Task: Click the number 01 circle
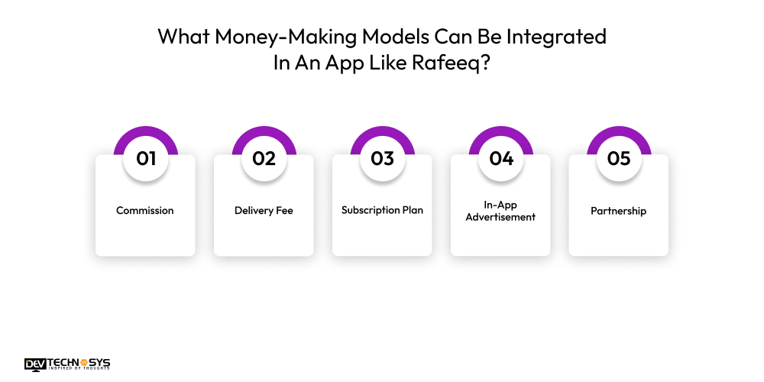(145, 158)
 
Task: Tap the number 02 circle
(264, 158)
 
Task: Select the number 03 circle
(382, 158)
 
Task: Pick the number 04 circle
(500, 158)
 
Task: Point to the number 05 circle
(619, 158)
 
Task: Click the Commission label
(145, 210)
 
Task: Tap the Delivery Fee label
(264, 210)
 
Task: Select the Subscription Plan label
(382, 210)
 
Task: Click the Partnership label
(619, 210)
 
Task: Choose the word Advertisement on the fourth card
(500, 217)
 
